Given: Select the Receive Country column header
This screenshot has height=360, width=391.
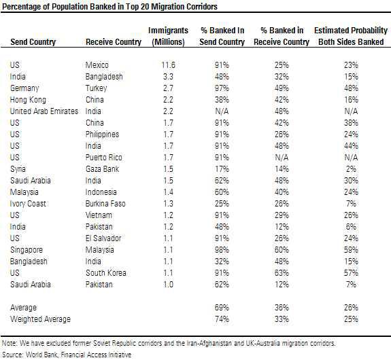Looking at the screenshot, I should (111, 42).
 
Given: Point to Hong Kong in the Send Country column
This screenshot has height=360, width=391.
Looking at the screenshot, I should (28, 100).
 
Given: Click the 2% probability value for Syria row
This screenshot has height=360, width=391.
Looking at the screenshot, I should (350, 169).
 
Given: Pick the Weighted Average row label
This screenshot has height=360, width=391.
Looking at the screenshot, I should (39, 319).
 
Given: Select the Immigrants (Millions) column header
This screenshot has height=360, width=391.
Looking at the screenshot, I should (163, 37).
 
